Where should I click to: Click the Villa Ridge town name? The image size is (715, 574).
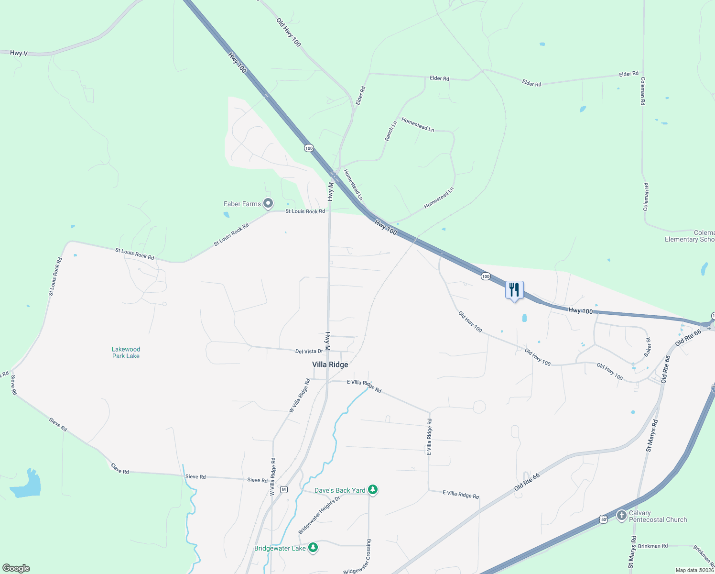(x=330, y=364)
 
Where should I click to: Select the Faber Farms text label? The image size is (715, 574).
(x=242, y=204)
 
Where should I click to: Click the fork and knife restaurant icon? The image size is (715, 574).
(x=514, y=290)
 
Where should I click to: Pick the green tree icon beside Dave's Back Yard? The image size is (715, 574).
(x=373, y=490)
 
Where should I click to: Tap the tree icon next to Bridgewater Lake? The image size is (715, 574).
(x=313, y=548)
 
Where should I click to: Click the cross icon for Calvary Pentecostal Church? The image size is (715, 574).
(x=621, y=516)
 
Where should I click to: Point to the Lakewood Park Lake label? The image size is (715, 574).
(x=126, y=353)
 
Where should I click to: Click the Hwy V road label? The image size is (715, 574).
(x=19, y=53)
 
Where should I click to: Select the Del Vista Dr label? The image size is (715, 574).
(x=309, y=352)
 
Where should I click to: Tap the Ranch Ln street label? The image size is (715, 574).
(x=391, y=131)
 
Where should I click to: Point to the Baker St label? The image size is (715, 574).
(x=648, y=347)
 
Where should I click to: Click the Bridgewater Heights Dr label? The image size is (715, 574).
(x=319, y=515)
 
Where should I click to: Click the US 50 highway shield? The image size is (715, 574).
(x=603, y=519)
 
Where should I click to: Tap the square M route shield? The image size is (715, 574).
(x=284, y=489)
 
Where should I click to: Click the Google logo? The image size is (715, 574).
(x=16, y=568)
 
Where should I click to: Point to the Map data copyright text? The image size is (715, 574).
(x=694, y=570)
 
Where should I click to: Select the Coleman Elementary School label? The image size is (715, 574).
(x=690, y=236)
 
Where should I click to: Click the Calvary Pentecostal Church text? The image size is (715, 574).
(x=658, y=516)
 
